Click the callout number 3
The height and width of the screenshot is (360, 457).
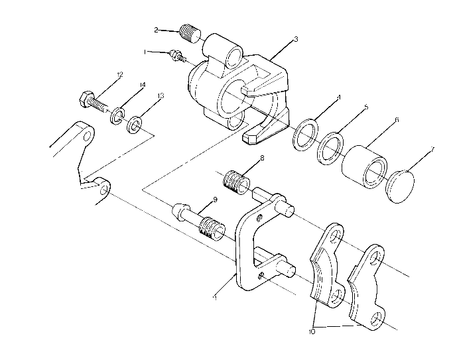(x=295, y=39)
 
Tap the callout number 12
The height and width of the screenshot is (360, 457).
(x=120, y=76)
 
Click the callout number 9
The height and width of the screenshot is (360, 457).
(x=216, y=200)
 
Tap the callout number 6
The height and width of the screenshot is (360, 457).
(x=396, y=120)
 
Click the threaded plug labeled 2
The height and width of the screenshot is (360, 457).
(x=190, y=31)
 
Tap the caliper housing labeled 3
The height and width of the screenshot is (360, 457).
(x=239, y=90)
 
